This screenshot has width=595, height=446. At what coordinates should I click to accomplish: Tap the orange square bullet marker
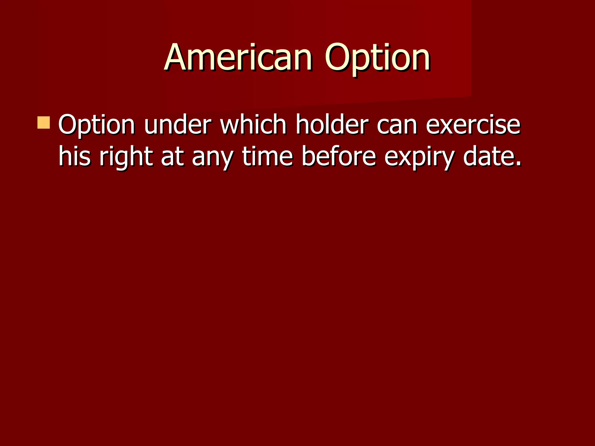click(44, 123)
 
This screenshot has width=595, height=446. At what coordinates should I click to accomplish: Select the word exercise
click(473, 125)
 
